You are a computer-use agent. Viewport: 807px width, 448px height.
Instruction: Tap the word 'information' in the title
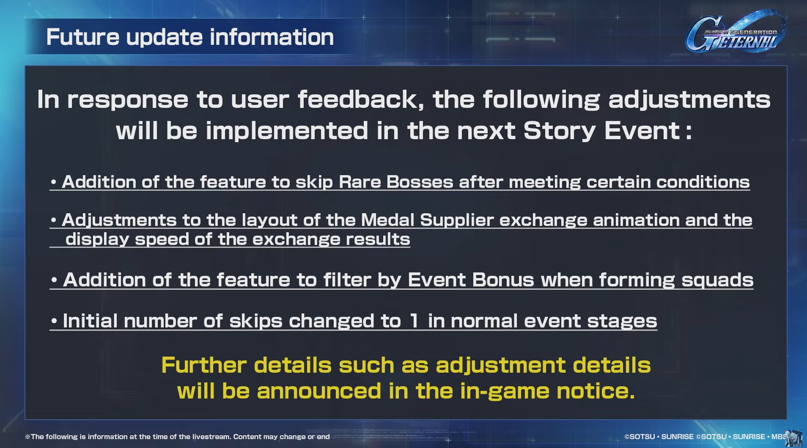tap(272, 37)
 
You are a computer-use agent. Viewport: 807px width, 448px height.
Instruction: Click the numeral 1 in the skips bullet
tap(414, 321)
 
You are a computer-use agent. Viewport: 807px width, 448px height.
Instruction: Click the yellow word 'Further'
tap(204, 365)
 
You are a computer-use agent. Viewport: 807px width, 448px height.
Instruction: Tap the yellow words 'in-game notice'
tap(548, 391)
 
